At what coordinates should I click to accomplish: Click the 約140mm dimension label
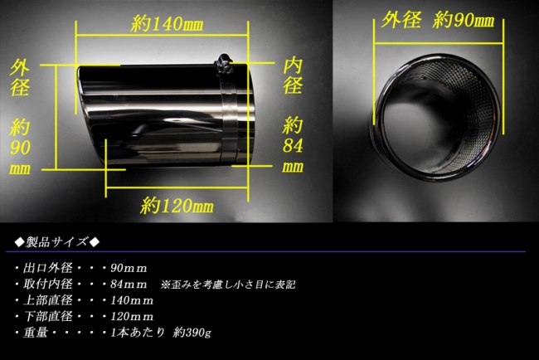(x=167, y=24)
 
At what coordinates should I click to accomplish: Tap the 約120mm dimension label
(x=177, y=206)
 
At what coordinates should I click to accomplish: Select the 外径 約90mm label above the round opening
(x=438, y=20)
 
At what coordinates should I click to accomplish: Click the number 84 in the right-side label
(x=293, y=146)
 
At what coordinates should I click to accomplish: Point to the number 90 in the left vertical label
(x=20, y=148)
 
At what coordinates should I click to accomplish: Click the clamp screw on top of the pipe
(x=223, y=63)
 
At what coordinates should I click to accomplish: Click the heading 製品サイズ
(x=57, y=242)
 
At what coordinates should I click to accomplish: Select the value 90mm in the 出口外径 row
(x=129, y=268)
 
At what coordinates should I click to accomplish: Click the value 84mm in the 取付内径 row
(x=129, y=285)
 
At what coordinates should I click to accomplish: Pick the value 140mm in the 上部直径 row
(x=132, y=300)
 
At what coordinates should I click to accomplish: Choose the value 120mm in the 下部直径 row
(x=132, y=316)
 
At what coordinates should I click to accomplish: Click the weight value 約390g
(x=192, y=333)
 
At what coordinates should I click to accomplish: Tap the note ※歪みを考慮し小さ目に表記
(x=228, y=285)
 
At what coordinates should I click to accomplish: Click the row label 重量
(x=36, y=333)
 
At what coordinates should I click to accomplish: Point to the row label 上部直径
(x=48, y=300)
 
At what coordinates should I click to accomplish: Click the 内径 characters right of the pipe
(x=293, y=75)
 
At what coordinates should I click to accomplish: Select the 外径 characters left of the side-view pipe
(x=20, y=77)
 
